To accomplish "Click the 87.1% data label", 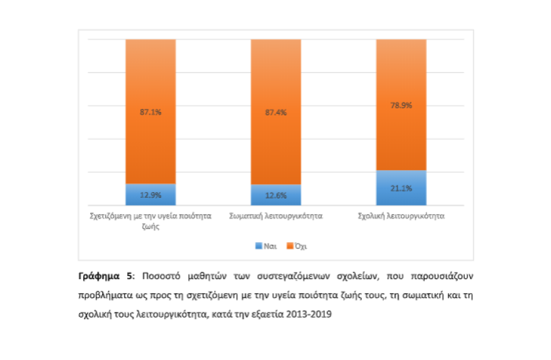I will coord(150,113).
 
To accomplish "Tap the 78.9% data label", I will coord(401,106).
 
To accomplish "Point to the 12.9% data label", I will coord(150,195).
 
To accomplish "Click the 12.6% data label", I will coord(275,195).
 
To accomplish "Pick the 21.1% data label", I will coord(401,188).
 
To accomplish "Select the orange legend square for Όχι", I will coord(289,245).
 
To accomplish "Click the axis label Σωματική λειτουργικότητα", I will coord(276,216).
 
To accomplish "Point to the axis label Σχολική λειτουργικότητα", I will coord(401,216).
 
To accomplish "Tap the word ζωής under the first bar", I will coord(150,226).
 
